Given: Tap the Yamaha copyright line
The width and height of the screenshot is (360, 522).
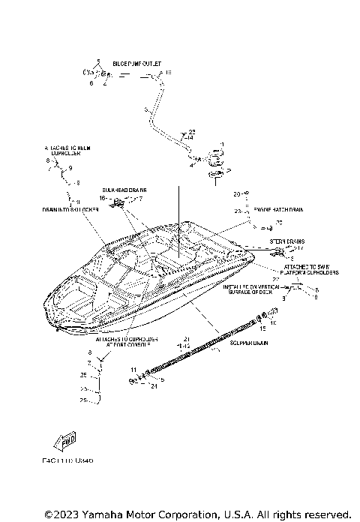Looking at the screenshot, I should click(x=197, y=514).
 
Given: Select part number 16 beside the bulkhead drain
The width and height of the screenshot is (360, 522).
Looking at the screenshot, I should click(x=103, y=198).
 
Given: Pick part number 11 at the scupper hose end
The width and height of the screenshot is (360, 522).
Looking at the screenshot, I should click(x=132, y=370).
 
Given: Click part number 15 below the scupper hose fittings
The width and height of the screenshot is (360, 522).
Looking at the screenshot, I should click(x=262, y=328).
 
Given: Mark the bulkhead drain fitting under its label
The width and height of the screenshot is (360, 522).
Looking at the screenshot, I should click(x=118, y=202).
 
